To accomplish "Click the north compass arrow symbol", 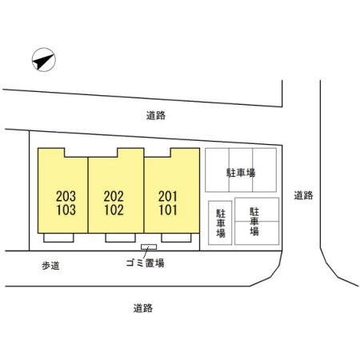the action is pyautogui.click(x=44, y=60).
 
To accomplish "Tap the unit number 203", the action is pyautogui.click(x=66, y=196).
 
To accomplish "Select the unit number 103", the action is pyautogui.click(x=66, y=210).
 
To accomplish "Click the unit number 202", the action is pyautogui.click(x=114, y=196).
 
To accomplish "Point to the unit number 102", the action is pyautogui.click(x=114, y=210).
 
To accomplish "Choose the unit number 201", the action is pyautogui.click(x=168, y=196).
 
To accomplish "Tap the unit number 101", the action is pyautogui.click(x=168, y=210).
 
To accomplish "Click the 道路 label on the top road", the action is pyautogui.click(x=156, y=115).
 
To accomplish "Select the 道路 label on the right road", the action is pyautogui.click(x=303, y=195).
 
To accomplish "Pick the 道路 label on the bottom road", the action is pyautogui.click(x=143, y=308).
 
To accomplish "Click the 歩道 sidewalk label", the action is pyautogui.click(x=50, y=266).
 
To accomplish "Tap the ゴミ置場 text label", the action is pyautogui.click(x=145, y=263).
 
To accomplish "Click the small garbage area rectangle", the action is pyautogui.click(x=149, y=247).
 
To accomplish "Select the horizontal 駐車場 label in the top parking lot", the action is pyautogui.click(x=241, y=173).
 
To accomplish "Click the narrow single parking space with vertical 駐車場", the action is pyautogui.click(x=220, y=222).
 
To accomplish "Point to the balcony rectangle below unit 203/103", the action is pyautogui.click(x=58, y=238).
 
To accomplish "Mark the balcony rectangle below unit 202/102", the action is pyautogui.click(x=120, y=238).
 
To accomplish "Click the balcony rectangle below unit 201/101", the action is pyautogui.click(x=176, y=238).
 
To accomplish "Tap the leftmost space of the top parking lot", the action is pyautogui.click(x=217, y=170).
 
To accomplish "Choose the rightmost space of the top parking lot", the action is pyautogui.click(x=264, y=170).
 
